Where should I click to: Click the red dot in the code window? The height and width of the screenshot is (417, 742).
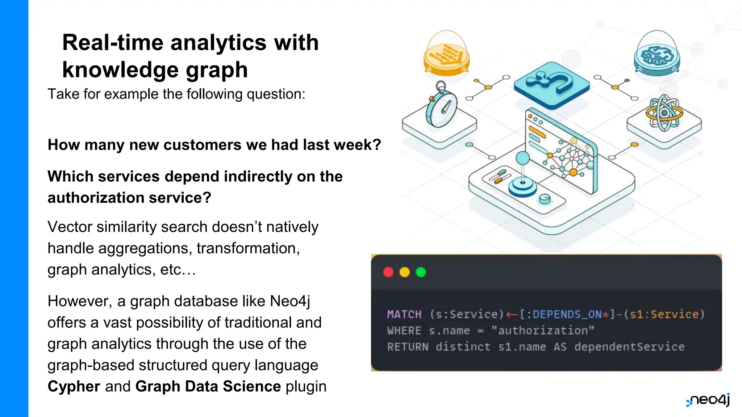point(388,272)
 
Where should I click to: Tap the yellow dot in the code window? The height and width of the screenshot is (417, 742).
point(404,272)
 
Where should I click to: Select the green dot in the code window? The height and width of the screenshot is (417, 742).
point(421,272)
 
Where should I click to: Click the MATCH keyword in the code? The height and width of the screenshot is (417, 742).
point(404,314)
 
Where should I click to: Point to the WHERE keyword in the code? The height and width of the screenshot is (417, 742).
point(404,330)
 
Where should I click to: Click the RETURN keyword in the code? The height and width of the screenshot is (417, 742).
point(408,347)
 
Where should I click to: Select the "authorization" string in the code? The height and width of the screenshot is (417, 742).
point(543,330)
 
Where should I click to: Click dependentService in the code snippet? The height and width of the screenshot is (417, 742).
point(629,347)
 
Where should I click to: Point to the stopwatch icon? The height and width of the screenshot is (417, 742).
point(441,107)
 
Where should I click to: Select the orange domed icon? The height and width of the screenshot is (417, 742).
point(447,54)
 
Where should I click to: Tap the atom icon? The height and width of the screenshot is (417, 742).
point(664,113)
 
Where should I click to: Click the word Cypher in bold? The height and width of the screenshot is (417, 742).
point(74,387)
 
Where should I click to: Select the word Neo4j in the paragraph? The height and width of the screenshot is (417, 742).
point(290,301)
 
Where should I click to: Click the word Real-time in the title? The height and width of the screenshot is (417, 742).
point(113,43)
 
